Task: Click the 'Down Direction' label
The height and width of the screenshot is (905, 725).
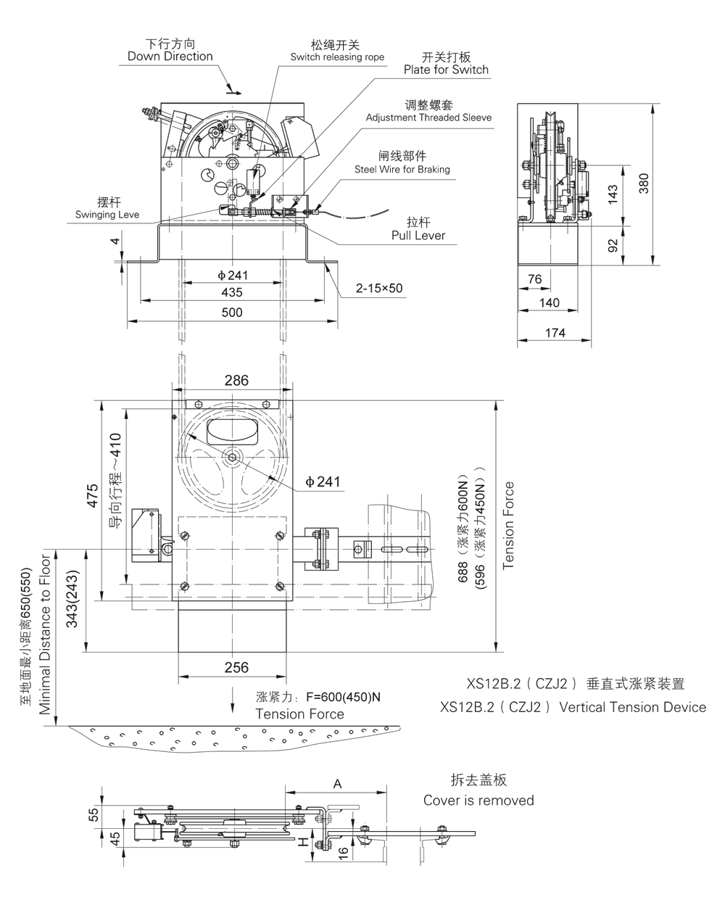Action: pyautogui.click(x=170, y=57)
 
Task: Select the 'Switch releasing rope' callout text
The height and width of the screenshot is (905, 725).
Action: pyautogui.click(x=337, y=57)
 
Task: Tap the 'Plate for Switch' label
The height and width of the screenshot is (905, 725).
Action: pyautogui.click(x=446, y=70)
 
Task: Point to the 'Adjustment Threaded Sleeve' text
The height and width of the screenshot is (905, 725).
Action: pyautogui.click(x=428, y=117)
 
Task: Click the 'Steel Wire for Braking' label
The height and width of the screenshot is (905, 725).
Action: pyautogui.click(x=402, y=170)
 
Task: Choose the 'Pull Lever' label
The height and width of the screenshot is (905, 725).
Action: pyautogui.click(x=418, y=236)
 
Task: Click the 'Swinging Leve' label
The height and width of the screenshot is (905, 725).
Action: pyautogui.click(x=107, y=215)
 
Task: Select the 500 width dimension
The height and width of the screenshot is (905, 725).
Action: pyautogui.click(x=232, y=313)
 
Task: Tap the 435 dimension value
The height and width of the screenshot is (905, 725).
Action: pyautogui.click(x=232, y=292)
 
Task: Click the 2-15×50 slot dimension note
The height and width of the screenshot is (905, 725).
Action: pyautogui.click(x=378, y=289)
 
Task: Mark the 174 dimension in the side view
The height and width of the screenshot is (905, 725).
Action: pyautogui.click(x=555, y=333)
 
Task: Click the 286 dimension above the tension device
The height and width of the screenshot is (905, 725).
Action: pyautogui.click(x=236, y=380)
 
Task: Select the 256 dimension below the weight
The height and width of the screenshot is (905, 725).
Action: pyautogui.click(x=236, y=668)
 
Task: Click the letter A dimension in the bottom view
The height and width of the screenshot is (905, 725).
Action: pyautogui.click(x=336, y=783)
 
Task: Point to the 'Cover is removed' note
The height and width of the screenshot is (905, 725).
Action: pyautogui.click(x=478, y=801)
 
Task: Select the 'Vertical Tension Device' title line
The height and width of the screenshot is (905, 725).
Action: pyautogui.click(x=573, y=707)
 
